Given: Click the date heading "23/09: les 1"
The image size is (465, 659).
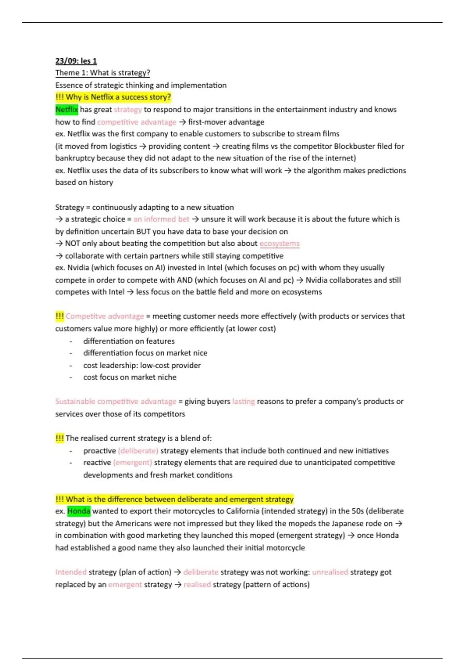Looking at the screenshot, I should (76, 61).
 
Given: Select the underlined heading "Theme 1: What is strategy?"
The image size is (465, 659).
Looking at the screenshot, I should (103, 73).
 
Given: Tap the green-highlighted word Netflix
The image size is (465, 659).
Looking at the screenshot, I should (67, 110).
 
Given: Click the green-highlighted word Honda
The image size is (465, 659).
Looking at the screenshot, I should (79, 511).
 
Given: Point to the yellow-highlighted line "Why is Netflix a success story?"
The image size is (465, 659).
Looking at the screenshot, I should (113, 97).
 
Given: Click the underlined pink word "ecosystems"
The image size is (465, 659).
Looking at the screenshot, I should (279, 243).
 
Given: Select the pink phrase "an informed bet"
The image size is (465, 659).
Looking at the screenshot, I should (161, 219).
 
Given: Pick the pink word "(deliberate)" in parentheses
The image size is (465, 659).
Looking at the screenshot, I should (138, 451).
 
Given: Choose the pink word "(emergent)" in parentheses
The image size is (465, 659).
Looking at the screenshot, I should (133, 462).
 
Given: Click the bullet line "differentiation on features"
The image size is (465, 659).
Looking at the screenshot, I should (129, 341).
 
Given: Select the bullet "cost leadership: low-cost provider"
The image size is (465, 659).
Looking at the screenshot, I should (142, 365).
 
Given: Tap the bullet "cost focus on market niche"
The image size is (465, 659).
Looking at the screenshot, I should (129, 377).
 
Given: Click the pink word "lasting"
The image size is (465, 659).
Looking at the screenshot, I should (243, 402).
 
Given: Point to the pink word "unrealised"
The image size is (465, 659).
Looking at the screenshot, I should (330, 572).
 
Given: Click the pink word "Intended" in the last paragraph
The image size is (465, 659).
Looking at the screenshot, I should (71, 572).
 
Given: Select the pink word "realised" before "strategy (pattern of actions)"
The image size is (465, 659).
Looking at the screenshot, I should (197, 585).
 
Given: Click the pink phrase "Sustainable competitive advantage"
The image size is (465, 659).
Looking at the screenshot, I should (115, 402).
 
